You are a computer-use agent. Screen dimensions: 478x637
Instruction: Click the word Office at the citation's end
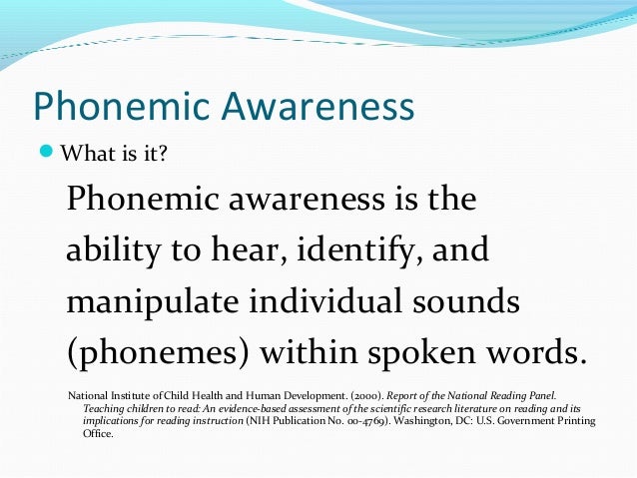pos(99,434)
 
